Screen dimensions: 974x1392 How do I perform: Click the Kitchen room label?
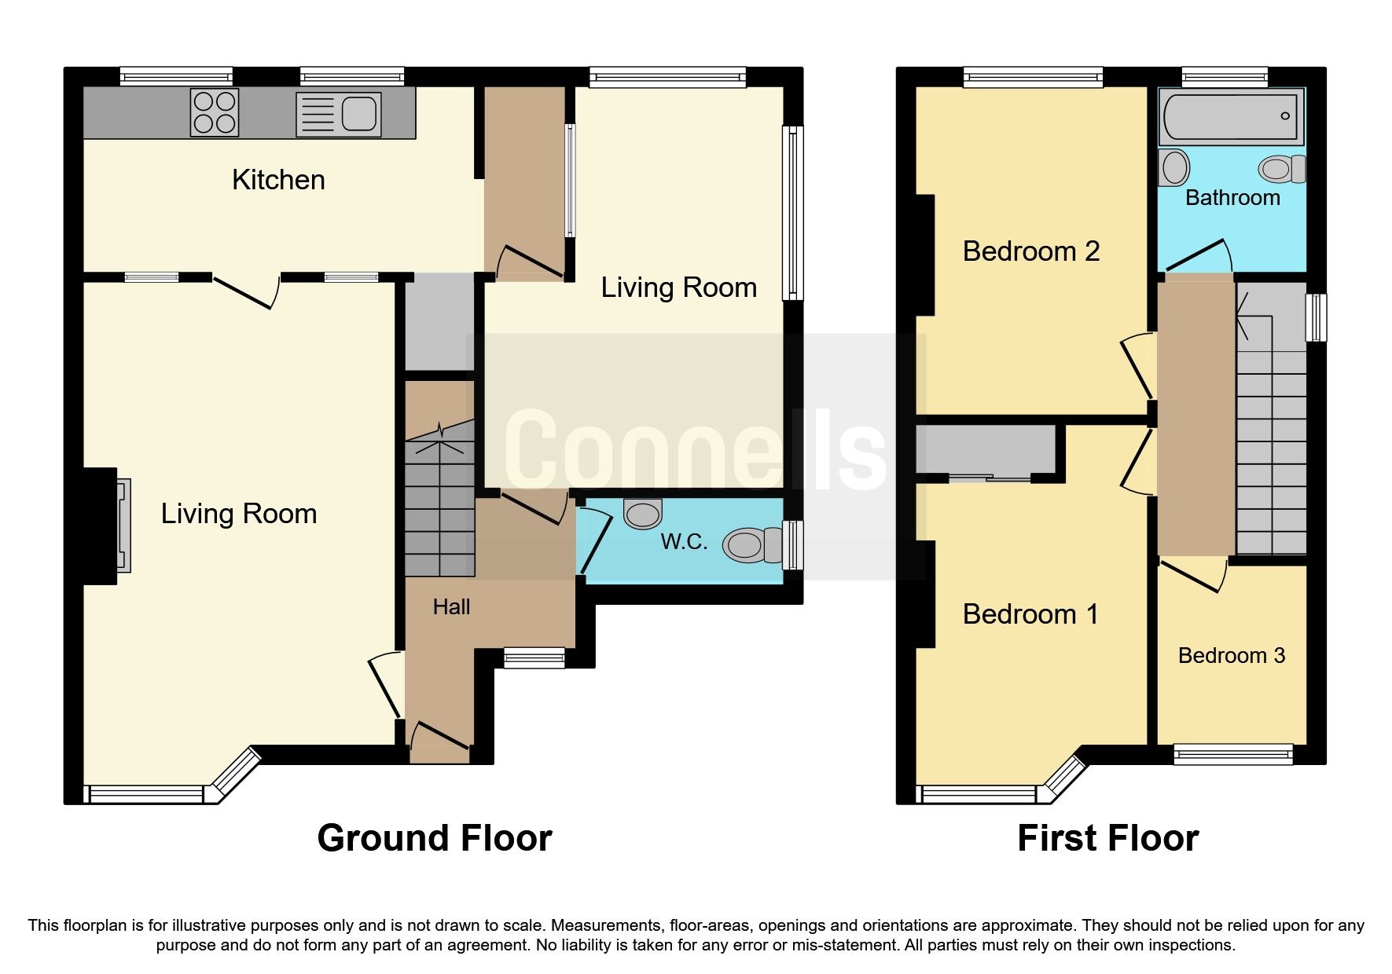278,180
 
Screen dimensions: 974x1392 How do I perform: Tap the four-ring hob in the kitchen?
215,112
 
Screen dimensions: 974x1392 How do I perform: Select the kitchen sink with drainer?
339,115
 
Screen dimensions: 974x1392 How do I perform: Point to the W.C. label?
684,541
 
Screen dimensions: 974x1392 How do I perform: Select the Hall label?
451,606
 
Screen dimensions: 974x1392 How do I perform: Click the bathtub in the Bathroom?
1231,116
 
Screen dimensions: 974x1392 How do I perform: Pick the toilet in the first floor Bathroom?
1280,169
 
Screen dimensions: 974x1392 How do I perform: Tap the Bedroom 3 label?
1231,655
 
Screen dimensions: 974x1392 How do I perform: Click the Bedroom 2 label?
1030,251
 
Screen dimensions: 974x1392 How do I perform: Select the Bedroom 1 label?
1030,613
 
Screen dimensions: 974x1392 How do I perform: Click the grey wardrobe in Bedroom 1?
986,449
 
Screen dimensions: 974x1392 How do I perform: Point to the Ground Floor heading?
434,838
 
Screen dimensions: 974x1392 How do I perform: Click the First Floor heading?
1107,838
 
